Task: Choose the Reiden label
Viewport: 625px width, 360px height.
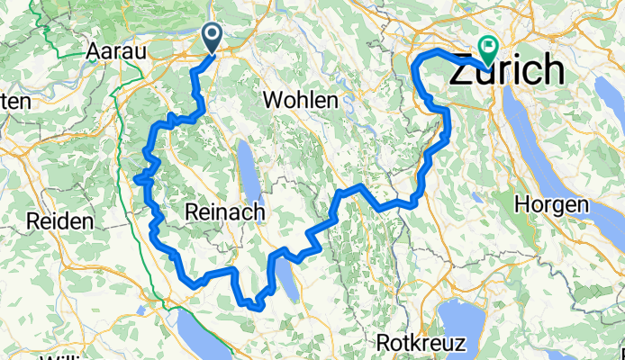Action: [x=60, y=221]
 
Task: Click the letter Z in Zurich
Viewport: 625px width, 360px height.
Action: [x=462, y=69]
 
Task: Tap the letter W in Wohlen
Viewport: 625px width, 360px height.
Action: [x=272, y=98]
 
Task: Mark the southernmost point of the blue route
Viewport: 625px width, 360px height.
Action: [x=257, y=308]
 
